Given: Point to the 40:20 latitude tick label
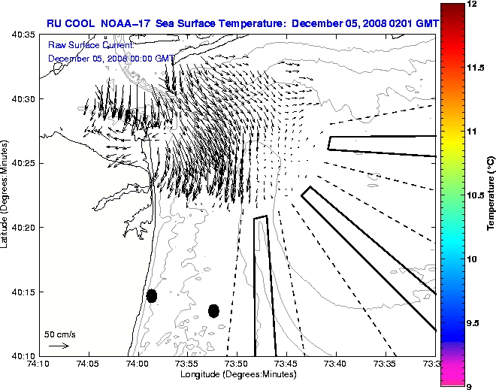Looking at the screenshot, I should [x=23, y=227].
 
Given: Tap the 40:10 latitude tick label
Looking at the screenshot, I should [x=23, y=355].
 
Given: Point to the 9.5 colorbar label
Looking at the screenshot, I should [x=473, y=323].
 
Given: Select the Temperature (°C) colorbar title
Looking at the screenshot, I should [x=490, y=194].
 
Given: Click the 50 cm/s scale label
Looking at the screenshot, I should [x=59, y=334].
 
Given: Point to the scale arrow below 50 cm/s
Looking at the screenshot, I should [x=59, y=346].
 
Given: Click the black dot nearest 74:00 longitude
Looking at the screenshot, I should [x=152, y=295].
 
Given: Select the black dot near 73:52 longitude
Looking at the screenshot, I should [x=213, y=310].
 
